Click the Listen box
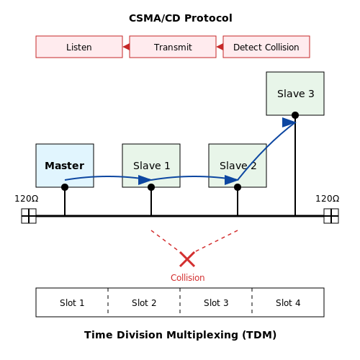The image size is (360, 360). pos(79,47)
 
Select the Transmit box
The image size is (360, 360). pos(173,47)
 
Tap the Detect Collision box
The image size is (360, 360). pos(266,47)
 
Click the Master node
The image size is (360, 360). pos(65,166)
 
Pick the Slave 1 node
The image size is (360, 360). pos(151,166)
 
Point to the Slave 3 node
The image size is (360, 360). pos(295,94)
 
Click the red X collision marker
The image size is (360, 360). pos(187,259)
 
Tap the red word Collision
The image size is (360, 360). pos(188,278)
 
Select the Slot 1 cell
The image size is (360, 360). pos(72,302)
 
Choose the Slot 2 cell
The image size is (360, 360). pos(144,302)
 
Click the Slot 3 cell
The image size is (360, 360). pos(216,302)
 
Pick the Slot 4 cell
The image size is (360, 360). pos(288,302)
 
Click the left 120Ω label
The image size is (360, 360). pos(27,199)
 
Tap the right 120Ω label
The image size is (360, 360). pos(328,199)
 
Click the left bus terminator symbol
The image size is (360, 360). pos(29,216)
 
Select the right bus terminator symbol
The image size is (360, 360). pos(331,216)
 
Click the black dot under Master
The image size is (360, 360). pos(65,187)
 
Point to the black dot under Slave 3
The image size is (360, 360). pos(295,115)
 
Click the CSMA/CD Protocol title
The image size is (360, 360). pos(181,18)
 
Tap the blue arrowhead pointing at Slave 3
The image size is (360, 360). pos(289,122)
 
